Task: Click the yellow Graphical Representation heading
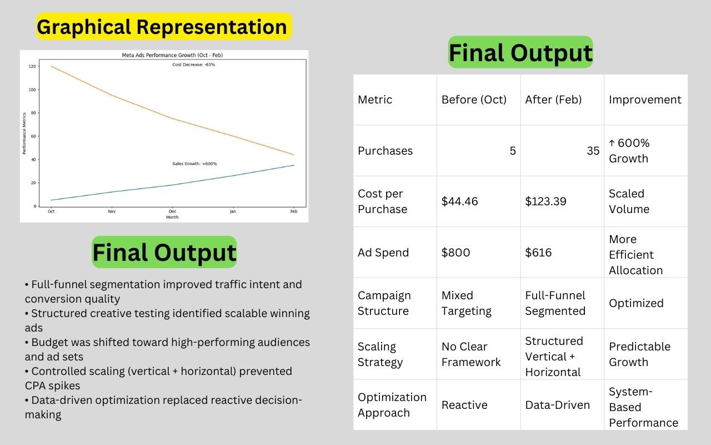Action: pos(164,26)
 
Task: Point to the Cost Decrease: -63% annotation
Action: pos(194,65)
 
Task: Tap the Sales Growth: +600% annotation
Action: pos(194,164)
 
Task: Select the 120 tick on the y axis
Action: pos(32,66)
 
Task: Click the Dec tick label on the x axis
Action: pos(172,211)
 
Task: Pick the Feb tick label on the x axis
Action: pos(294,211)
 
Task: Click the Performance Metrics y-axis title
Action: pos(24,133)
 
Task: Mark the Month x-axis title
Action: pos(172,217)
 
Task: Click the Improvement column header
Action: pos(645,100)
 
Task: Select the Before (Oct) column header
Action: pos(474,100)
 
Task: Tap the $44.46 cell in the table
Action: pos(459,201)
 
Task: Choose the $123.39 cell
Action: pos(545,201)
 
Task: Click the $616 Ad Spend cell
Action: pos(538,253)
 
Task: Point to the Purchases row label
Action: pos(385,151)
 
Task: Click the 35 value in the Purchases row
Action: pos(593,151)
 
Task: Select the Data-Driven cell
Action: pos(557,405)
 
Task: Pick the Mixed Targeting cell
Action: pos(466,303)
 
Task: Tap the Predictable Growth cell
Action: pos(639,354)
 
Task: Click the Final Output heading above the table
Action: pos(520,52)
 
